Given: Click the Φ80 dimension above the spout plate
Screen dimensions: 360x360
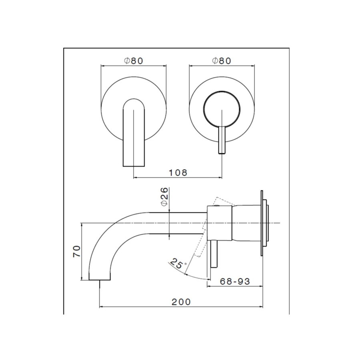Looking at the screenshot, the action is (133, 61).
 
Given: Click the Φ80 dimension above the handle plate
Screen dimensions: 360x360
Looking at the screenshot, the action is (222, 61).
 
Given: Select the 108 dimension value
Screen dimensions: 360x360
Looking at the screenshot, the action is (178, 172).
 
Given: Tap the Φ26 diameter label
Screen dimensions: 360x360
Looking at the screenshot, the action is (164, 196).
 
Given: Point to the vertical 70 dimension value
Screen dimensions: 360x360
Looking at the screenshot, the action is (77, 252).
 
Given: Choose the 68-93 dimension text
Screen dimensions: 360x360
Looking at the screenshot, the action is (235, 281).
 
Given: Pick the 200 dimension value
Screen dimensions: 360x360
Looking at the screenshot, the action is (181, 302).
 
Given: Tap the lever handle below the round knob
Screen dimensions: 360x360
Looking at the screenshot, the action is (222, 140).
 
